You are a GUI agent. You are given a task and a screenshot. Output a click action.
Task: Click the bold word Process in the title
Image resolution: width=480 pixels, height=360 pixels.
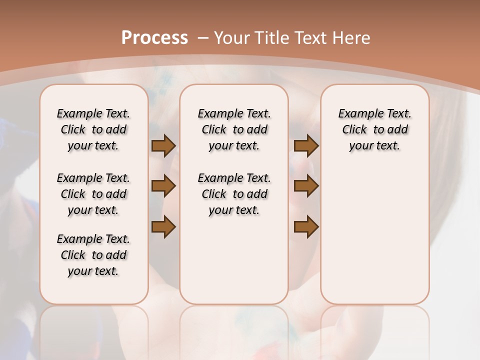[154, 37]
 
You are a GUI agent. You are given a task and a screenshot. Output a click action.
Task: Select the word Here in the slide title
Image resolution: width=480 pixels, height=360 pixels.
[352, 37]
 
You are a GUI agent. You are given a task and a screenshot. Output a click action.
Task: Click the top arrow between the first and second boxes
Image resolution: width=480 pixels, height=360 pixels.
[163, 145]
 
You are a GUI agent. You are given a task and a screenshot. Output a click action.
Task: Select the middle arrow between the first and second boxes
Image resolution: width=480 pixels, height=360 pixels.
[163, 186]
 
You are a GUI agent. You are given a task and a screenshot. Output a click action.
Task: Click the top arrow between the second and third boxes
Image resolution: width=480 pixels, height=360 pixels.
[306, 145]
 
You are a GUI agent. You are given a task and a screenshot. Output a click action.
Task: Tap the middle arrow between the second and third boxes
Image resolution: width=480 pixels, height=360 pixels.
[306, 186]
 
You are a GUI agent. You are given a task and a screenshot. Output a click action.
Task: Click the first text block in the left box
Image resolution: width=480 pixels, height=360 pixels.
[93, 129]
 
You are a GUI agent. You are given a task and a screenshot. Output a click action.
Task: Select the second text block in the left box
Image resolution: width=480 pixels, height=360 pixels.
[93, 194]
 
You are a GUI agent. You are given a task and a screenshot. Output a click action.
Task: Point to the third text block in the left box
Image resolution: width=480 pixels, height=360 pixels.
[93, 255]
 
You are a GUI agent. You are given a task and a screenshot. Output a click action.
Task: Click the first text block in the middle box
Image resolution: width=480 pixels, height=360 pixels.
[234, 129]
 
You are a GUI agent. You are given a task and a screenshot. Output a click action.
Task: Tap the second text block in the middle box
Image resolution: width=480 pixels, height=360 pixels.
[234, 194]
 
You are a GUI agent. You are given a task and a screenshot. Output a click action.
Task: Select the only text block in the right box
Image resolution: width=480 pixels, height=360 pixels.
[374, 129]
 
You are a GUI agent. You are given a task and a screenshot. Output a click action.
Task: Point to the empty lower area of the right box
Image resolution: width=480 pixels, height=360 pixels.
[374, 230]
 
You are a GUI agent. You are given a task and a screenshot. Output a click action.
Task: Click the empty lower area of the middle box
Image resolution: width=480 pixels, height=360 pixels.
[234, 260]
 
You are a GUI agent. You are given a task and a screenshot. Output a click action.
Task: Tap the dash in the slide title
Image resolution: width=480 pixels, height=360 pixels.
[203, 37]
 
